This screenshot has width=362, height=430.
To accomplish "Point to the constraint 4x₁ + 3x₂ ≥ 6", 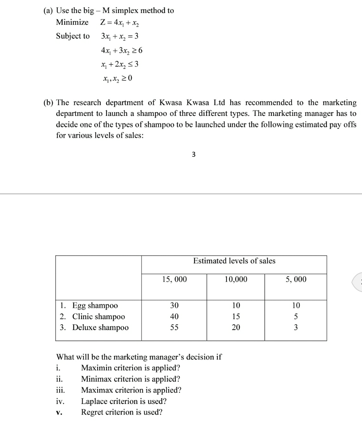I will click(x=122, y=50).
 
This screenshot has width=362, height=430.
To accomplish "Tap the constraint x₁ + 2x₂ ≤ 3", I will click(x=120, y=64).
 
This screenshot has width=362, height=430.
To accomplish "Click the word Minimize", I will click(x=73, y=22).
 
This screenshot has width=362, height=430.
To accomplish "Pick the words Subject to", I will click(x=73, y=36).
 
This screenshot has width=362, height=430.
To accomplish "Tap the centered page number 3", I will click(x=193, y=155).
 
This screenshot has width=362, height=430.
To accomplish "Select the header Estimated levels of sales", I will click(x=234, y=261).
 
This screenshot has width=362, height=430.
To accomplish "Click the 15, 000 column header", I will click(x=174, y=279).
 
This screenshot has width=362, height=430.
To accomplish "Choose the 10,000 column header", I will click(x=236, y=279).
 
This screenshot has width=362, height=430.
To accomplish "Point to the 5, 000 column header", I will click(x=296, y=279).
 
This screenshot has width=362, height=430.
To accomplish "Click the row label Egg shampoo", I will click(x=95, y=305).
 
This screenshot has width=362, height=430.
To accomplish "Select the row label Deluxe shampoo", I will click(x=100, y=327).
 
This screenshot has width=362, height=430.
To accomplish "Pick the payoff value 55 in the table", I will click(x=174, y=327).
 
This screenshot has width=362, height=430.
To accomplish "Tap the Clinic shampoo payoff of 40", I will click(x=174, y=316).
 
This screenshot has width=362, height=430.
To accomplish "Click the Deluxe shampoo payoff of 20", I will click(x=236, y=327).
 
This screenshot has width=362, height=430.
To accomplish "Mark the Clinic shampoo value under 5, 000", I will click(x=296, y=316).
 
